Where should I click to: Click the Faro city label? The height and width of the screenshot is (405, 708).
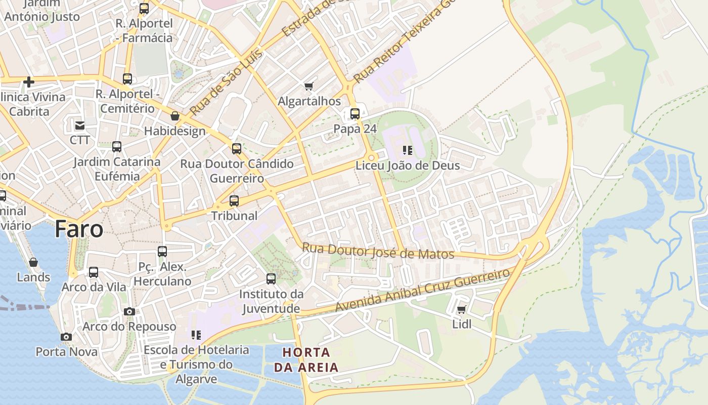[79, 229]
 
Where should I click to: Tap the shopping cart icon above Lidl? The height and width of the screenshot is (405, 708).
[461, 309]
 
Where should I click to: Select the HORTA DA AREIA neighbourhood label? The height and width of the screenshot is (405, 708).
[306, 359]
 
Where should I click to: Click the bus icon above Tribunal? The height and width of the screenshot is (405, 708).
[234, 200]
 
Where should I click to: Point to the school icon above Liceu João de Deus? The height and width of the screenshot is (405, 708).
[407, 150]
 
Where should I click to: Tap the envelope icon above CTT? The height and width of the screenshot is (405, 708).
[80, 125]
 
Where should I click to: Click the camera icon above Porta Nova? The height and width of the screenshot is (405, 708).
[66, 337]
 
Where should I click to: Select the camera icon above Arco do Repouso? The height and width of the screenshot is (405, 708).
[129, 311]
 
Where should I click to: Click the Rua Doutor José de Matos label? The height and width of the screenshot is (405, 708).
[378, 251]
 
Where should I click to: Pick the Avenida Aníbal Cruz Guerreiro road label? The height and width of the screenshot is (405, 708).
[423, 290]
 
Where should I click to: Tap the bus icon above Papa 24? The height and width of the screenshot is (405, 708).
[355, 113]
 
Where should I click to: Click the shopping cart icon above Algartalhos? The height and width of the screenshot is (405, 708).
[309, 86]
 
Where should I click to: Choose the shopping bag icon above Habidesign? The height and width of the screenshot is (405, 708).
[175, 116]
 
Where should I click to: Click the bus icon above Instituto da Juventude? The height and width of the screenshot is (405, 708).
[271, 278]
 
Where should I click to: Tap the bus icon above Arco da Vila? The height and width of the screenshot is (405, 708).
[94, 272]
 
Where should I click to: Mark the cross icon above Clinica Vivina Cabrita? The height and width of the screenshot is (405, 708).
[29, 82]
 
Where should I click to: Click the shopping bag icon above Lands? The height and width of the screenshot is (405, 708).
[33, 262]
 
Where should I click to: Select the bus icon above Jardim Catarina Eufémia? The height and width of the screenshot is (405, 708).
[117, 147]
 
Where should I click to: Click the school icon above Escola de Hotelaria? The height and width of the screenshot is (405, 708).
[196, 335]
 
